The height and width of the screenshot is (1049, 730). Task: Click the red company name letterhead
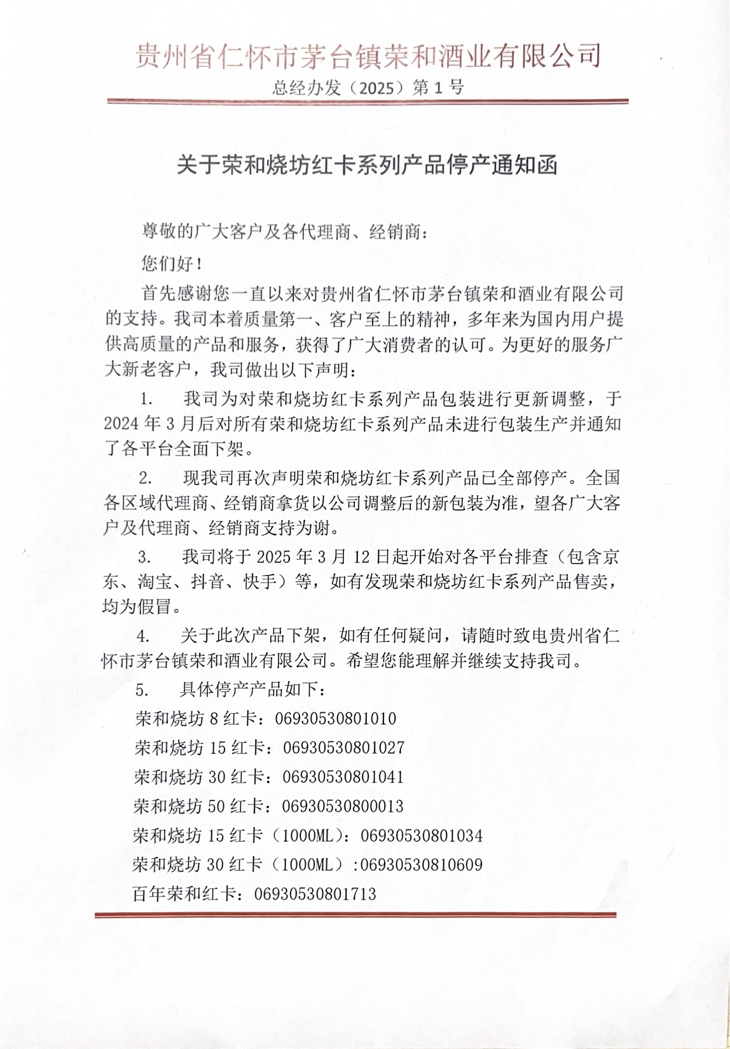point(368,56)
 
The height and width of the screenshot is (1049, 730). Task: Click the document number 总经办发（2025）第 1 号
point(368,88)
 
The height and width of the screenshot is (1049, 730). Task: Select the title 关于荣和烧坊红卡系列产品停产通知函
point(367,165)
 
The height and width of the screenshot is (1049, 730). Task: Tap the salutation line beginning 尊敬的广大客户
point(284,233)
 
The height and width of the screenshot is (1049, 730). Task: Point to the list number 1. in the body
point(147,400)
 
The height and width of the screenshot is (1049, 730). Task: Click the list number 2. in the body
point(146,478)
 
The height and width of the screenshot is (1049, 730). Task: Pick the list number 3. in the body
point(145,557)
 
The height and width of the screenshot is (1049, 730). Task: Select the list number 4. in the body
point(144,636)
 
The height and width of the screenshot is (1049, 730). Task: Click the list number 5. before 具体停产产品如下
point(142,690)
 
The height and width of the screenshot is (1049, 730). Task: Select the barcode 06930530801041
point(343,777)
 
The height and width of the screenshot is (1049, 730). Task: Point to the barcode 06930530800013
point(342,807)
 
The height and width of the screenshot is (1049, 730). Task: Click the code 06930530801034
point(422,836)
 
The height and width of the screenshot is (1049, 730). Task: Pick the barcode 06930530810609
point(422,865)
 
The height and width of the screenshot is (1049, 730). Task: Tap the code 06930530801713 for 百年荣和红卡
point(315,894)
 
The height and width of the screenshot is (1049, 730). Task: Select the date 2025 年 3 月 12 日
point(323,557)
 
